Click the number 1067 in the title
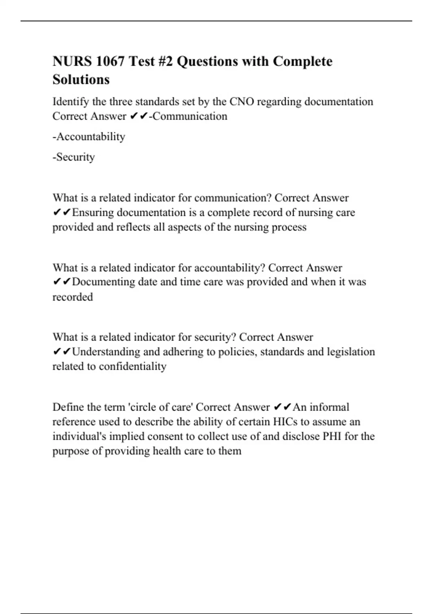click(110, 61)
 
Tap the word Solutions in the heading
click(81, 79)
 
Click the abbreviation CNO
click(242, 102)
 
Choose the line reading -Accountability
click(89, 137)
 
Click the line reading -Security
click(74, 157)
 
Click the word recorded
click(73, 297)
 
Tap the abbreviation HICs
click(285, 422)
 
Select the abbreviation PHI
click(332, 436)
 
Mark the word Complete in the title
click(302, 61)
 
